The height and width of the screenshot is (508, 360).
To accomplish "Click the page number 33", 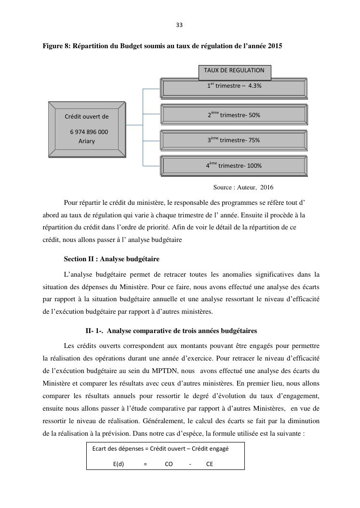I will click(x=179, y=25).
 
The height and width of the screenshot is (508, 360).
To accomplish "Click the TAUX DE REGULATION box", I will click(x=234, y=70).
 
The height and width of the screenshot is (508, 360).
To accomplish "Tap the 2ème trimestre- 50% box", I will click(x=234, y=115).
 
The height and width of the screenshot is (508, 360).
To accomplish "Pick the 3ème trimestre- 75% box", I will click(x=234, y=140).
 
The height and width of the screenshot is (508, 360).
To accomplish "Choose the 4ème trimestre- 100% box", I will click(x=234, y=166).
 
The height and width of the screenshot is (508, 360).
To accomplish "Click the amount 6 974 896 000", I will click(x=89, y=132).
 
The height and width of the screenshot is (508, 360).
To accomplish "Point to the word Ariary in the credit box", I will click(x=87, y=141).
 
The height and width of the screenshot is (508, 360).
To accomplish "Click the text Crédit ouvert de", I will click(x=87, y=116).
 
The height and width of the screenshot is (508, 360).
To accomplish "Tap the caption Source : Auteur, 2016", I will click(x=243, y=187).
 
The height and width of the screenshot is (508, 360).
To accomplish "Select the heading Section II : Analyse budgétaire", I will click(x=111, y=259).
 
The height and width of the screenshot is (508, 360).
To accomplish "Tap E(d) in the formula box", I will click(x=119, y=464).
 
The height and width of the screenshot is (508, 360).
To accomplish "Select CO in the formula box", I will click(x=169, y=464).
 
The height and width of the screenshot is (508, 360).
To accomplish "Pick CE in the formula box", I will click(x=209, y=464).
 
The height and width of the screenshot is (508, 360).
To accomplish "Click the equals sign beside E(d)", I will click(x=145, y=464).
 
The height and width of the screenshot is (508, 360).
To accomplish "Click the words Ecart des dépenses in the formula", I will click(x=117, y=448).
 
